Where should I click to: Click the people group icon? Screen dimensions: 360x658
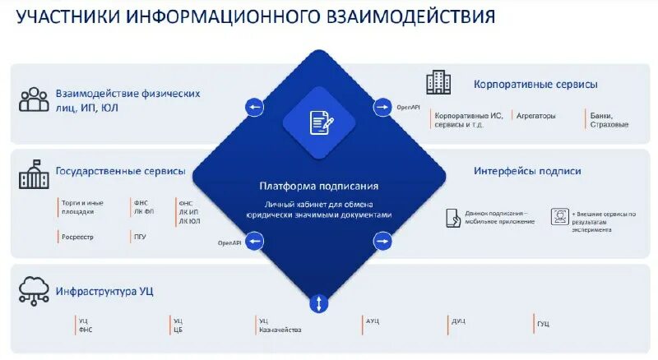(x=34, y=99)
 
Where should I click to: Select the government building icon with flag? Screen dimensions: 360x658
(x=34, y=174)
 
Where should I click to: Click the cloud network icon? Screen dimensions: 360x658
(x=34, y=289)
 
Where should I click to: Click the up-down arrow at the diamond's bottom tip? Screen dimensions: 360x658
(x=318, y=303)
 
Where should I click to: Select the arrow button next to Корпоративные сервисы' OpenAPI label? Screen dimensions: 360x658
(x=383, y=107)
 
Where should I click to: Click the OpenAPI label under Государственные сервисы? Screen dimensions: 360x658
(x=229, y=243)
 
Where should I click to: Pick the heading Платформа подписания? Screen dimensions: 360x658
(x=318, y=187)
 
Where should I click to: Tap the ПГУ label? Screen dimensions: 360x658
(x=140, y=237)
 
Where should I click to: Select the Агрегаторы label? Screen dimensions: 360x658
(x=536, y=116)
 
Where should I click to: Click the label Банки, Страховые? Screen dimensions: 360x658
(x=609, y=120)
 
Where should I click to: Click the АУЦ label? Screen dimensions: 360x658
(x=373, y=321)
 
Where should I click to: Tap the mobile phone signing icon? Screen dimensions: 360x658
(x=453, y=217)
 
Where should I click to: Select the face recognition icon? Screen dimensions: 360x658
(x=559, y=216)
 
